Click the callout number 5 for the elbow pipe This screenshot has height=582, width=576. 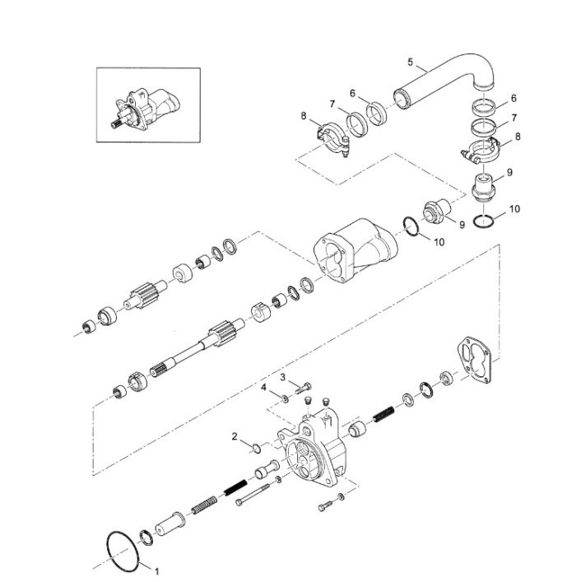[410, 62]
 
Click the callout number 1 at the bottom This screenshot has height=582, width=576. [156, 571]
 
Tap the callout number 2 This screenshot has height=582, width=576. [235, 436]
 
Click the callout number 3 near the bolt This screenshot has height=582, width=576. [283, 378]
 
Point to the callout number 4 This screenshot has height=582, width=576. [263, 388]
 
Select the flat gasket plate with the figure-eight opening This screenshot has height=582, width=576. [474, 359]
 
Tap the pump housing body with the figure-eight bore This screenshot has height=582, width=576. [355, 250]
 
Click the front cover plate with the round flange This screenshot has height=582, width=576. [313, 453]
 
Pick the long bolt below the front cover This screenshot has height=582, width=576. [253, 495]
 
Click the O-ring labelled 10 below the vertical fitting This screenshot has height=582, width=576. [484, 221]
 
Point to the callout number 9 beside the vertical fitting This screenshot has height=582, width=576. [509, 173]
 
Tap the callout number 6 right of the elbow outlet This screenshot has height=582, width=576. [513, 98]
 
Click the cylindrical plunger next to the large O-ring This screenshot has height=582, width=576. [170, 524]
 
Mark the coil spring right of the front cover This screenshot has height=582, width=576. [383, 414]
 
